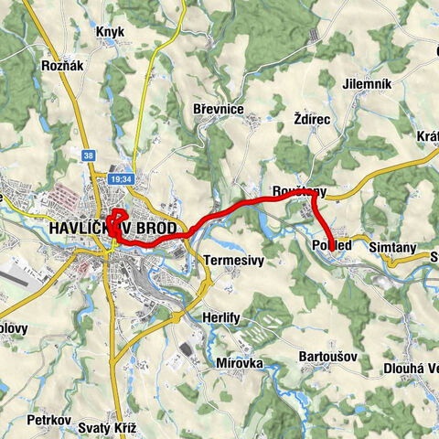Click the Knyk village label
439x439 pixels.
109,31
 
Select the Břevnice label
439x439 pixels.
218,109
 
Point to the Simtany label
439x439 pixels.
392,247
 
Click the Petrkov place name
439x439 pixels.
49,421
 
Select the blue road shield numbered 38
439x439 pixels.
87,155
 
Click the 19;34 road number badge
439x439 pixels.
121,180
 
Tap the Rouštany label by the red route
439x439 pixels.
298,191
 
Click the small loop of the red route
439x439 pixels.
117,222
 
